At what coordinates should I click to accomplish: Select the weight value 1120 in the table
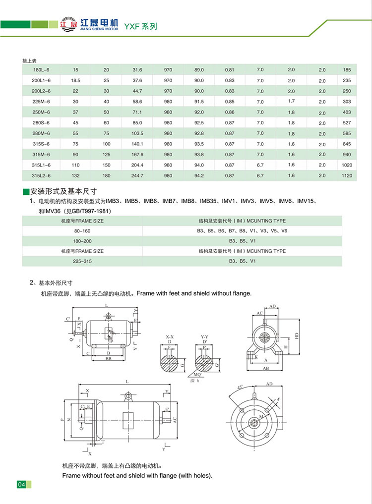pos(346,176)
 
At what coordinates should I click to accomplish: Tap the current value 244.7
pos(137,176)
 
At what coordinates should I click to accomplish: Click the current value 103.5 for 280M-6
pos(137,133)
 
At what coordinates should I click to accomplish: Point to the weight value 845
pos(346,144)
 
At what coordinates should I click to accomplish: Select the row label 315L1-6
pos(41,165)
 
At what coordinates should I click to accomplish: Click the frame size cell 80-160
pos(82,231)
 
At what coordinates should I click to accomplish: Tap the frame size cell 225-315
pos(82,261)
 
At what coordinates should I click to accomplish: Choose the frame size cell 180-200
pos(82,241)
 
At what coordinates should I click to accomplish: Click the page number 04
pos(21,484)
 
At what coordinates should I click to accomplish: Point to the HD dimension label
pos(297,336)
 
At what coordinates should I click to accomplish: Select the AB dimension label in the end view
pos(266,368)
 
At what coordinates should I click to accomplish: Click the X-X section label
pos(170,336)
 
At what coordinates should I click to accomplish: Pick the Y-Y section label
pos(203,336)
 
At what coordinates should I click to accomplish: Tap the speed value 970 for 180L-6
pos(168,69)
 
